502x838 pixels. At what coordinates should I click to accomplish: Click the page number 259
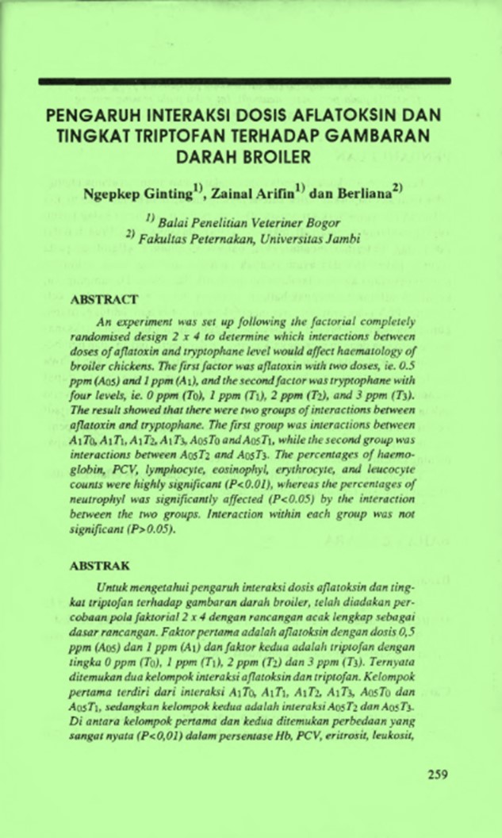(x=438, y=774)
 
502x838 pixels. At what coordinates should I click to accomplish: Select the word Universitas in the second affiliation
(x=293, y=236)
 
